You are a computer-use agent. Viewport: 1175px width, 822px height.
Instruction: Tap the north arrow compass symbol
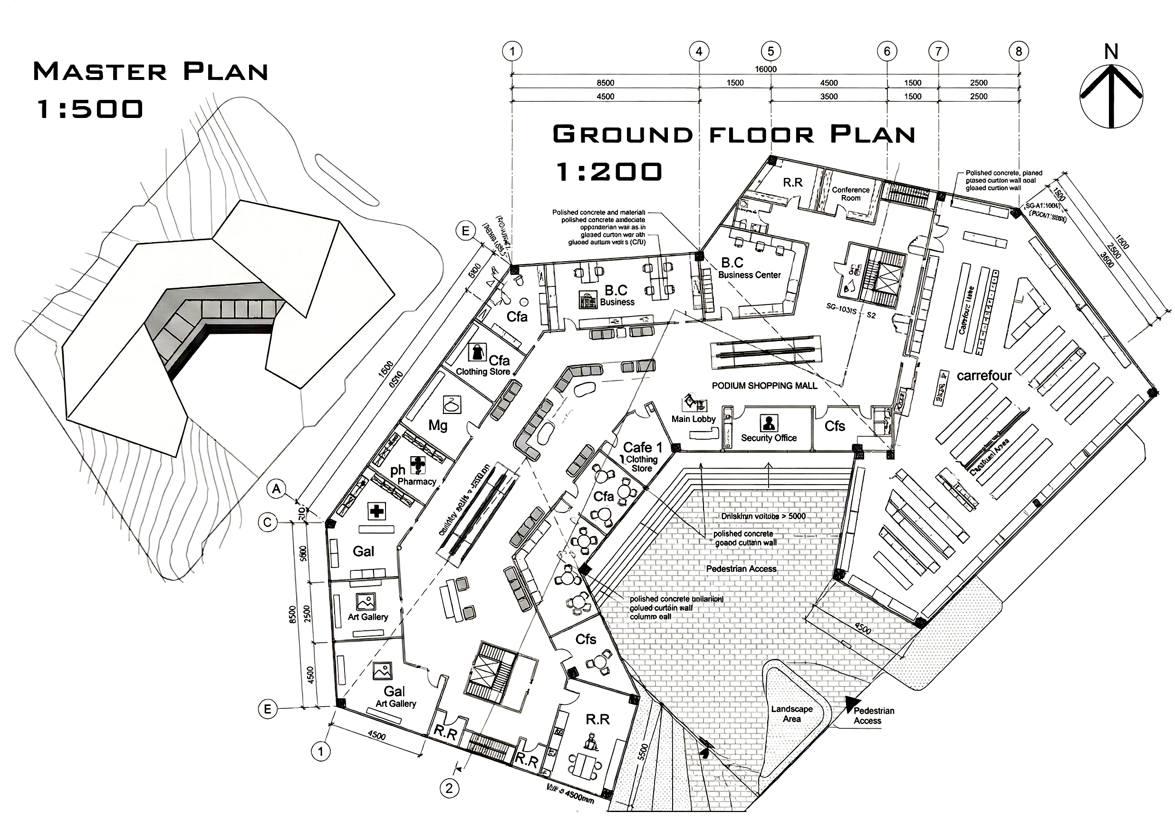1111,94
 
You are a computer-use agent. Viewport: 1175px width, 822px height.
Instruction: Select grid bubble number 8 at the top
1019,51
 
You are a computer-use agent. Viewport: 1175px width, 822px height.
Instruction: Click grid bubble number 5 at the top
770,51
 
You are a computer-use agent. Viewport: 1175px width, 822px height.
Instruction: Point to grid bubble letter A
277,489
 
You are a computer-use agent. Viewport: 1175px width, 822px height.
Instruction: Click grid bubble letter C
267,522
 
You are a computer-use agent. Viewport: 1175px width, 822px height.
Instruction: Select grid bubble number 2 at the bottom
449,788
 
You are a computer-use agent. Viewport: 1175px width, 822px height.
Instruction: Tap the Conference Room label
850,194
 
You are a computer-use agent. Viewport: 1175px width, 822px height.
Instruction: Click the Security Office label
769,438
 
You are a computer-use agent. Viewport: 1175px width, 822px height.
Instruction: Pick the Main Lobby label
693,419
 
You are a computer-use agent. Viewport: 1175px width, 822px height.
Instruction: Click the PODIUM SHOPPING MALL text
765,386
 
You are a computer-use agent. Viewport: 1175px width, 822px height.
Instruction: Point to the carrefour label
984,376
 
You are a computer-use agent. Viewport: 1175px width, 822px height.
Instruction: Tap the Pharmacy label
416,481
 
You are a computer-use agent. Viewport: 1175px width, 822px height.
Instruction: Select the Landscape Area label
792,714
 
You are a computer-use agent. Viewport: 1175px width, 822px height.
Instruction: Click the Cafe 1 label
643,447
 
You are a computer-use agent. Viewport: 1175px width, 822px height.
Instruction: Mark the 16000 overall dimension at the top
766,69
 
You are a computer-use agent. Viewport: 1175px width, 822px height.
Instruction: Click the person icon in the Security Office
769,422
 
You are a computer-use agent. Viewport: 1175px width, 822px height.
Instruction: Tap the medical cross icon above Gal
376,511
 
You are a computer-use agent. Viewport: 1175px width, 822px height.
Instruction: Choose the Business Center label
749,275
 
